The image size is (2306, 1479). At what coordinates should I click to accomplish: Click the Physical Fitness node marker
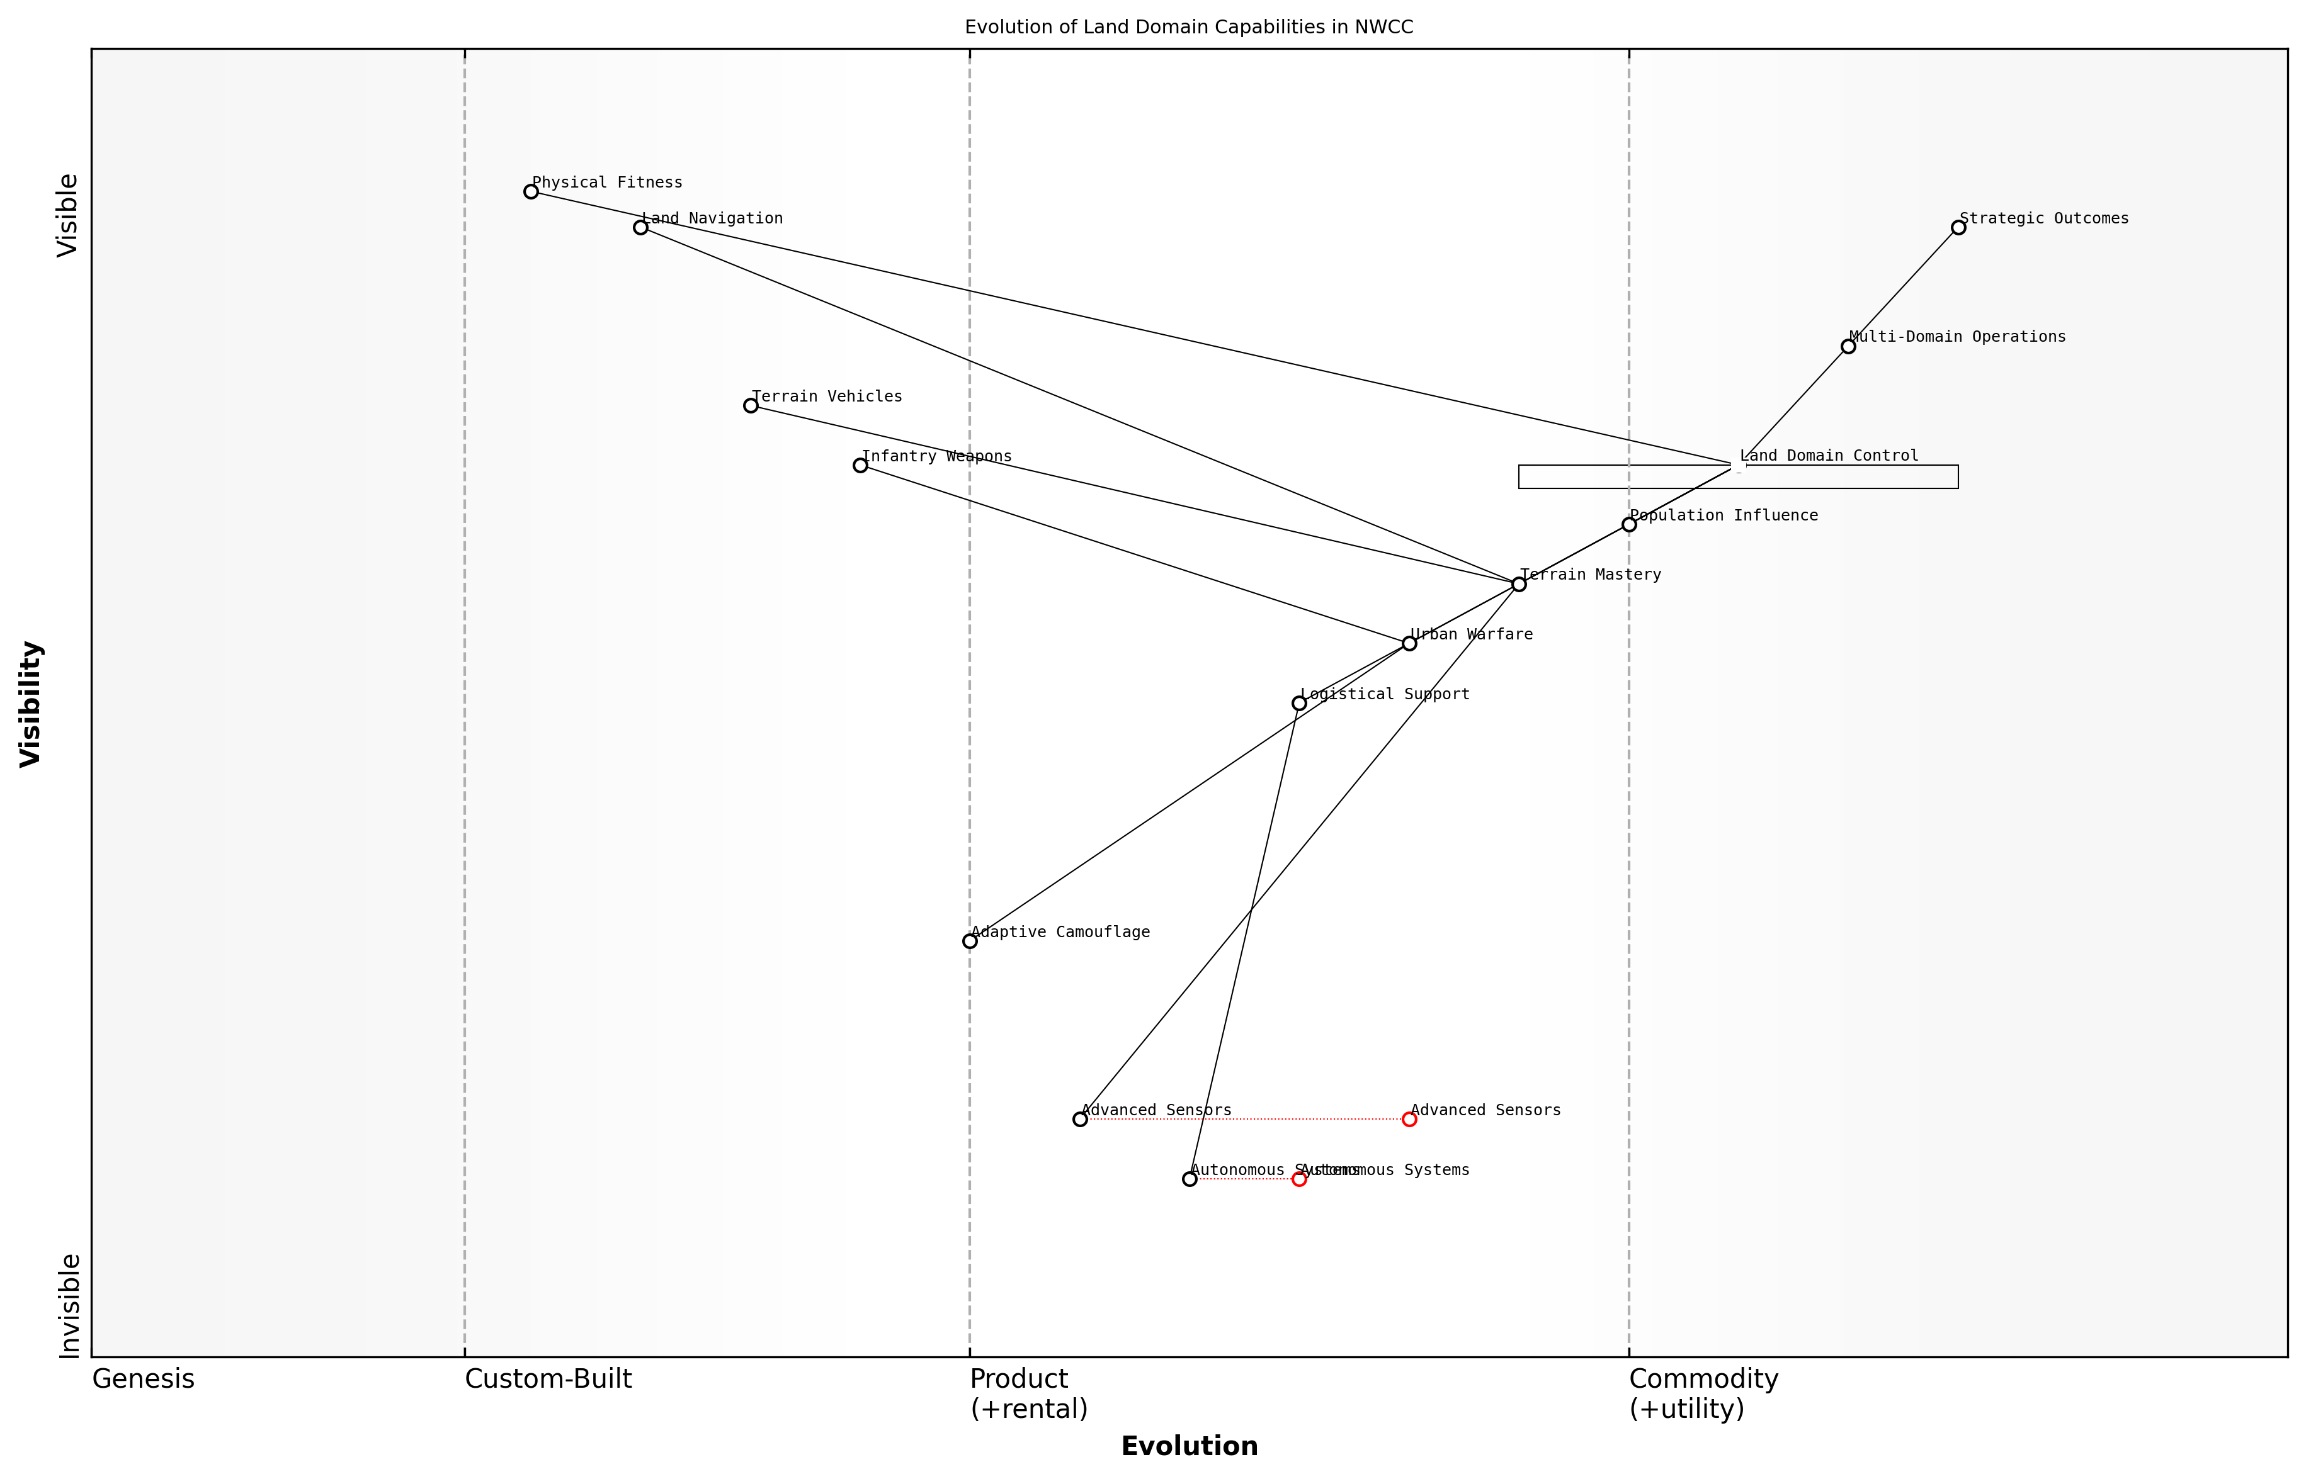tap(530, 191)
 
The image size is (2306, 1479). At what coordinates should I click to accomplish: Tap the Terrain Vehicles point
tap(751, 405)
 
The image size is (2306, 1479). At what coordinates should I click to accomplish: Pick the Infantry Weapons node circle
tap(860, 465)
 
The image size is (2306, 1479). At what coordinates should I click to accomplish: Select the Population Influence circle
tap(1628, 524)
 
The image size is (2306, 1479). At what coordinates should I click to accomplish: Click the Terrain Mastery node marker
tap(1519, 584)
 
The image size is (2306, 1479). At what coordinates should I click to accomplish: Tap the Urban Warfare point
tap(1409, 643)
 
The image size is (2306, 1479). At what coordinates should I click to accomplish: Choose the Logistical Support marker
tap(1299, 703)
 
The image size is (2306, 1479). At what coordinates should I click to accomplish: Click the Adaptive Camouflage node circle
tap(970, 941)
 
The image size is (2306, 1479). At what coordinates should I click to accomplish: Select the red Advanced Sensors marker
tap(1409, 1119)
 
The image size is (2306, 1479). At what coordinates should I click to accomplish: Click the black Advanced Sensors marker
tap(1080, 1119)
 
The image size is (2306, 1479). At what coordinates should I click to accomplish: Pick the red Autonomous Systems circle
tap(1299, 1178)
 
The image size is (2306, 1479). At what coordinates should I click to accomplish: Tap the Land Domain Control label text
tap(1829, 455)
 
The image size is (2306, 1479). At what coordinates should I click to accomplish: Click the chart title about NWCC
tap(1188, 27)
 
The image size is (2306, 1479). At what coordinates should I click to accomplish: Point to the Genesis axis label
tap(143, 1379)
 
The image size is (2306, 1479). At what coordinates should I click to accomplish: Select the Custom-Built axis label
tap(548, 1379)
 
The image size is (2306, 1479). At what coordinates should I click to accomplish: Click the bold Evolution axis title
tap(1188, 1446)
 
